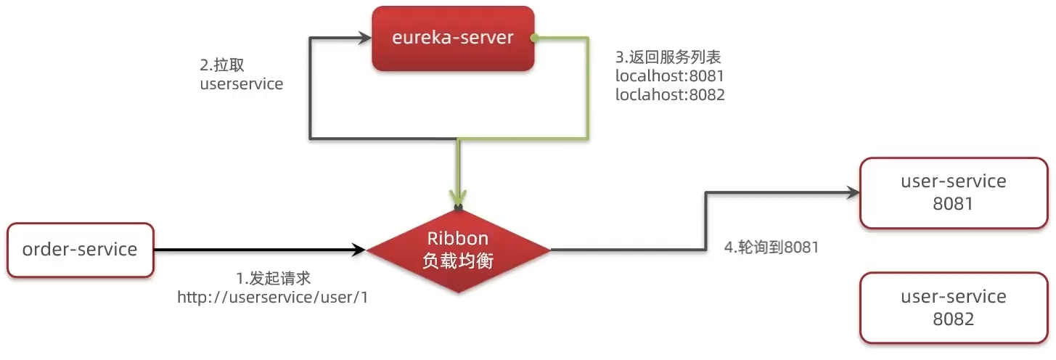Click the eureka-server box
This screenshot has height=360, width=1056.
point(453,38)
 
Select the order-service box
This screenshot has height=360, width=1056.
point(80,250)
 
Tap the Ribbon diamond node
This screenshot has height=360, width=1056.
point(457,250)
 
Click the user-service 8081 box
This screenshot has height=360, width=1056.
point(953,192)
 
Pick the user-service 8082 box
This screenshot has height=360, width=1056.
point(953,308)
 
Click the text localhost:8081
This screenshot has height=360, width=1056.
point(670,75)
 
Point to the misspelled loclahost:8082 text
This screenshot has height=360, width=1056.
point(670,94)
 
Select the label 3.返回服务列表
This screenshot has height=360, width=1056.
point(668,57)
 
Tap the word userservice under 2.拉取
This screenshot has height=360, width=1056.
point(241,83)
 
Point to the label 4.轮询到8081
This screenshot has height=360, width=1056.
point(771,247)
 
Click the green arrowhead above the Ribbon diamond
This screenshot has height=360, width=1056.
point(457,197)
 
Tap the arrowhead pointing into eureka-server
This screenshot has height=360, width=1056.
point(364,36)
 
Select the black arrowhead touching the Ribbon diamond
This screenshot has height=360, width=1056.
point(359,250)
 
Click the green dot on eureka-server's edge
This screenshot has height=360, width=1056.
point(535,36)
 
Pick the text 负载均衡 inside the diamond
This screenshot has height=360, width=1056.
point(457,261)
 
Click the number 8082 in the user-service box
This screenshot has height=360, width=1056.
point(953,319)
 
